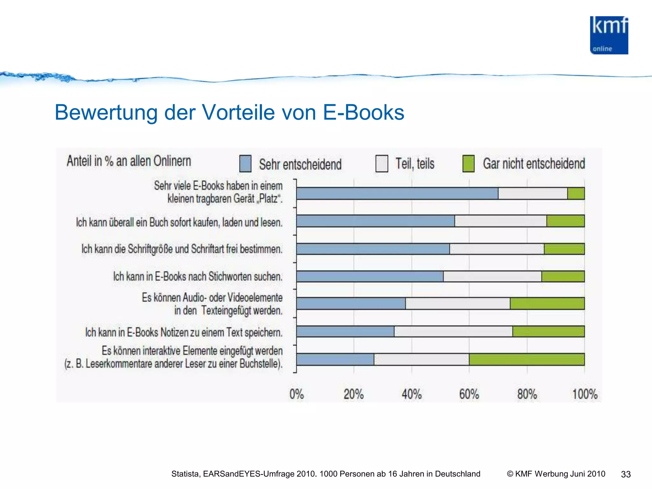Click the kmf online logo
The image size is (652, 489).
pos(609,35)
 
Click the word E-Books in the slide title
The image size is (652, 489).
pos(363,112)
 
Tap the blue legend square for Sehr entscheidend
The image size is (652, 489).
pos(245,164)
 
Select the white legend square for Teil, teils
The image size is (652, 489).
pos(381,164)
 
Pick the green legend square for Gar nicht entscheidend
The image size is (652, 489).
pos(468,164)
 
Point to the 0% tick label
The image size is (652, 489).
pos(296,394)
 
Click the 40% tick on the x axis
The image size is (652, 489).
pos(411,394)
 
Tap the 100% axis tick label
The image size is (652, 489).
pos(585,394)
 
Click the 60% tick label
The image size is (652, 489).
pos(469,394)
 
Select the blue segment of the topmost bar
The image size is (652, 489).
pos(397,194)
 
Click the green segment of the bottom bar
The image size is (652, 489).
pos(527,359)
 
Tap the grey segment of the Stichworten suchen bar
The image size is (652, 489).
pos(492,276)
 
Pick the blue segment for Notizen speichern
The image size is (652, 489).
pos(345,331)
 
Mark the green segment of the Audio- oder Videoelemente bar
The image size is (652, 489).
pos(547,303)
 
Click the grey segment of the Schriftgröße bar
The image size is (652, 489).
pos(497,249)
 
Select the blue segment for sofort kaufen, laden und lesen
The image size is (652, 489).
pos(375,221)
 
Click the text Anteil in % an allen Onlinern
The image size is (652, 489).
pos(129,161)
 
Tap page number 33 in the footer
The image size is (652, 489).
pos(626,474)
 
